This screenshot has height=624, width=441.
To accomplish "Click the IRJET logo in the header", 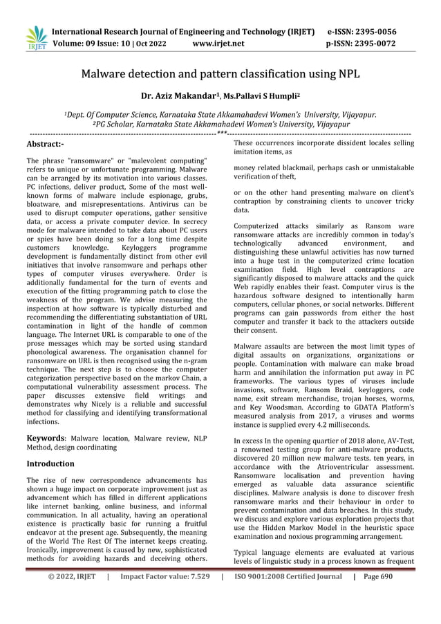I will coord(36,39).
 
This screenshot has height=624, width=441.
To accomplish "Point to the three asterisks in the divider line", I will coord(221,133).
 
